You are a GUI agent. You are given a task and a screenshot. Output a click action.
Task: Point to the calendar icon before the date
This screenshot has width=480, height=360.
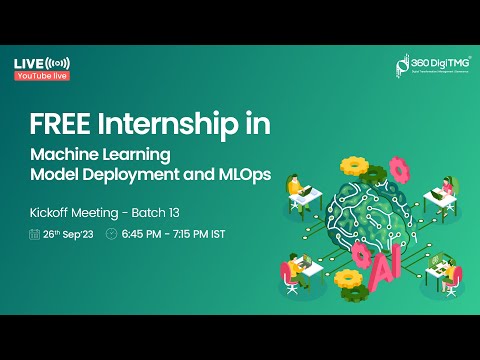coord(36,234)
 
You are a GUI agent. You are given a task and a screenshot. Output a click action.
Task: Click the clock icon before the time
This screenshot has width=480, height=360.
coord(111,234)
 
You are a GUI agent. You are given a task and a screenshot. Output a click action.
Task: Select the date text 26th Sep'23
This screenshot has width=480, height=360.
coord(68,234)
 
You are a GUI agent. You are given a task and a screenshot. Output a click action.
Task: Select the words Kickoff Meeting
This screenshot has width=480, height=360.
coord(70,213)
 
